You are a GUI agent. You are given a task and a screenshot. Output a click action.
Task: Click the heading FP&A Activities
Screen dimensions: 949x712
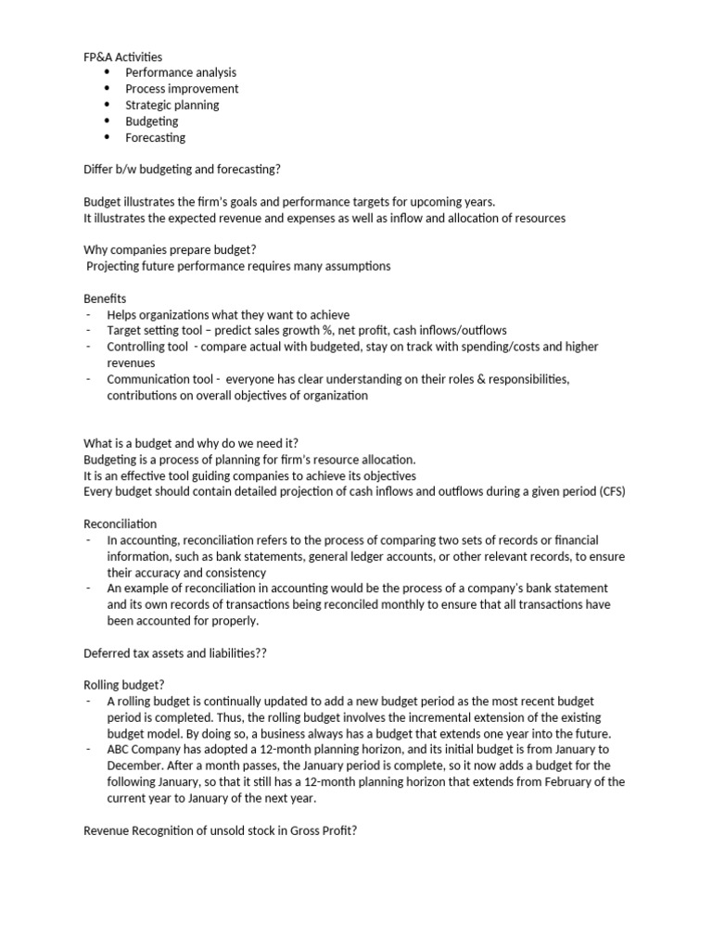pos(122,57)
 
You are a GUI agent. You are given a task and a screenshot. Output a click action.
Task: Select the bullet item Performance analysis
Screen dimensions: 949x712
pos(181,72)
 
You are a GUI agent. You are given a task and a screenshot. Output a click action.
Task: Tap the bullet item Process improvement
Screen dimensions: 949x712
pos(182,89)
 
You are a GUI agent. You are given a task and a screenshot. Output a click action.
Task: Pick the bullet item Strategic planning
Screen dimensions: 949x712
pos(172,105)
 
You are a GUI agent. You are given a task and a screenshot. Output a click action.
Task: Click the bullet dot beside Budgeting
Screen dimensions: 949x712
pos(107,121)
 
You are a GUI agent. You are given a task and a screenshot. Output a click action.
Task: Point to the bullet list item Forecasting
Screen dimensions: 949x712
pos(155,137)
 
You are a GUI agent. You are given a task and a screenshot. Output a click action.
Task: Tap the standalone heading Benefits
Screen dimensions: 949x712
pos(105,298)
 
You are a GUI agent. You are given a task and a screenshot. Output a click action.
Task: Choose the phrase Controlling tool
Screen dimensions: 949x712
pos(146,347)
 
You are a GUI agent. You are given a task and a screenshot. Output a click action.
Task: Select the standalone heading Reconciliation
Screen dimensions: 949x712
pos(120,524)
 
